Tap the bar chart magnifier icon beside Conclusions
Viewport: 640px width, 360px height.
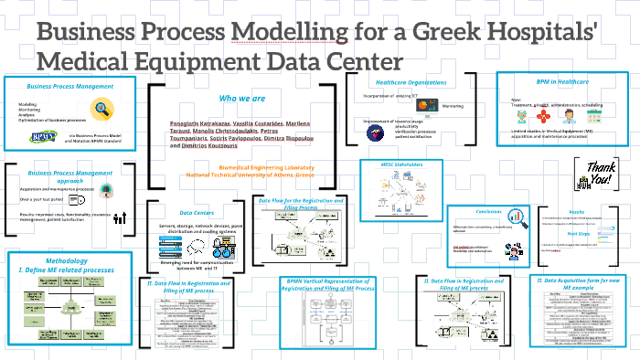pos(518,217)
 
